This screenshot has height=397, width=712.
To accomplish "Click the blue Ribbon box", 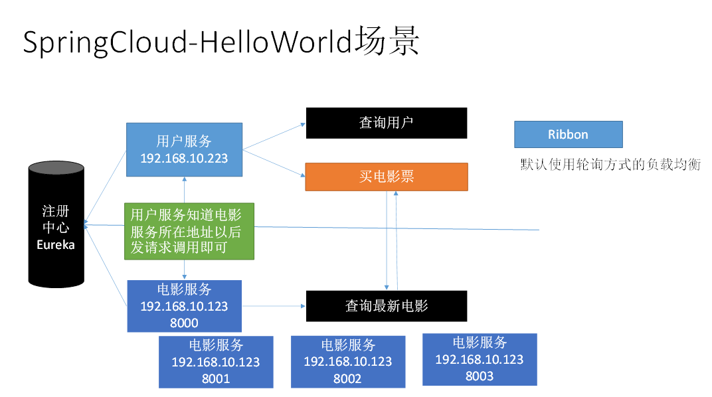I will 568,134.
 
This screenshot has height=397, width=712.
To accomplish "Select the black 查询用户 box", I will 386,123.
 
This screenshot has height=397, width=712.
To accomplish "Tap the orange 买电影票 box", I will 386,177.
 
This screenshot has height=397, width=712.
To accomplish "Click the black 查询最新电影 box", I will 386,305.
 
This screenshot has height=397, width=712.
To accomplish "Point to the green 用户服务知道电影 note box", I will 189,231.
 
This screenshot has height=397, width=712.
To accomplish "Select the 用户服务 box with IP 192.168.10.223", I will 184,149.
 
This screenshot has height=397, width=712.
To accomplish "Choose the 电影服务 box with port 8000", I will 184,306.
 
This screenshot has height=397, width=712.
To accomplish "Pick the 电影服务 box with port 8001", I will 215,362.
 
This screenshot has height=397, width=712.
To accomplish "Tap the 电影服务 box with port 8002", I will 347,362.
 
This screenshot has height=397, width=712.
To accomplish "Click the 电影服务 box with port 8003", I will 479,359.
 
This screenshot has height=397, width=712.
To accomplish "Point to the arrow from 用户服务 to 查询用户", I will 274,135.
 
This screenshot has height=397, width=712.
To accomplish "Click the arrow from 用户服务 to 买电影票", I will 274,163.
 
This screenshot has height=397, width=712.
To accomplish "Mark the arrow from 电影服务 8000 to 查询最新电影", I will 273,306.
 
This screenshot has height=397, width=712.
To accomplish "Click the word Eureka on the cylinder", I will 56,245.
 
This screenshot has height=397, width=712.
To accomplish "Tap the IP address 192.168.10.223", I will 184,158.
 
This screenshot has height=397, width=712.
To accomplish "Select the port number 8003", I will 479,376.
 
